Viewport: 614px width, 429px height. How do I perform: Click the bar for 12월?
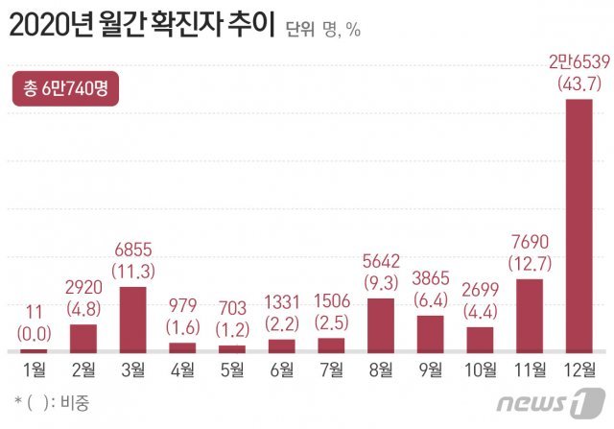579,226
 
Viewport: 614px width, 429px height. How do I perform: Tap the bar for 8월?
381,326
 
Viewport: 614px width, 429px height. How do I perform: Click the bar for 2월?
83,339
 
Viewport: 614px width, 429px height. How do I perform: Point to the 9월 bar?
431,334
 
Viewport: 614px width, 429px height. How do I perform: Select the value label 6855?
133,248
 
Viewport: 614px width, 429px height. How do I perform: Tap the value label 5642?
381,260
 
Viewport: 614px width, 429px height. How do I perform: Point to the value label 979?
182,304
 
